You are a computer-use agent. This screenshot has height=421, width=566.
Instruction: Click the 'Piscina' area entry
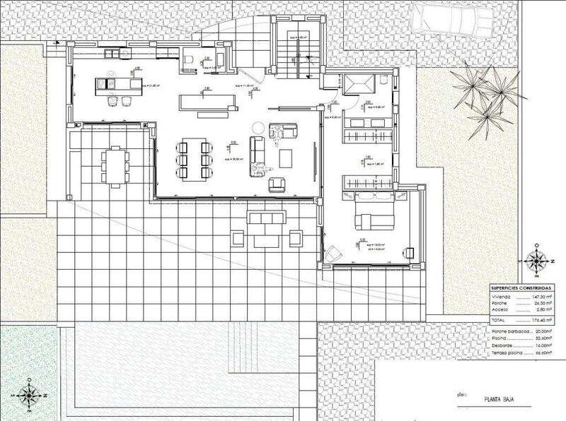[501, 338]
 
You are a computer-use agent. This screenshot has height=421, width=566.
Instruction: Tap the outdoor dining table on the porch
[115, 163]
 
